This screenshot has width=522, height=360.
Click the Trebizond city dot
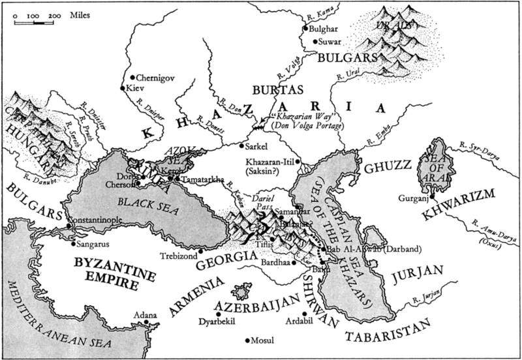tap(201, 250)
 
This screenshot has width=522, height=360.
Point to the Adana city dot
tap(147, 322)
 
